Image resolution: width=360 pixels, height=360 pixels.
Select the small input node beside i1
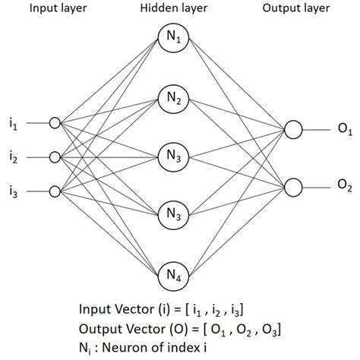pos(54,122)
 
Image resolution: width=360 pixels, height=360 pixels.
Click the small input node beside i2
pos(54,156)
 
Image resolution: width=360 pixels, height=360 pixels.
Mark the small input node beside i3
pos(54,190)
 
